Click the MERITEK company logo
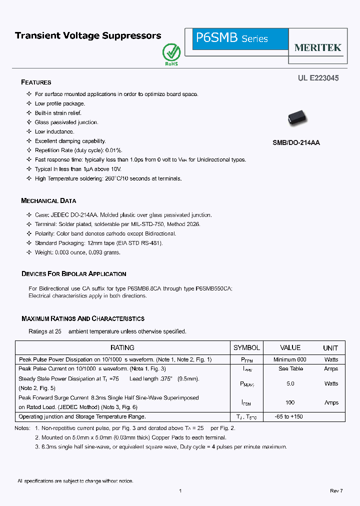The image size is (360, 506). pyautogui.click(x=317, y=48)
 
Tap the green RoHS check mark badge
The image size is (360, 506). pyautogui.click(x=171, y=53)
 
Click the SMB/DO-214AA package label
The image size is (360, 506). pyautogui.click(x=296, y=142)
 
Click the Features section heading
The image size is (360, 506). pyautogui.click(x=36, y=82)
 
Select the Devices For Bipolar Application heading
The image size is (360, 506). pyautogui.click(x=73, y=274)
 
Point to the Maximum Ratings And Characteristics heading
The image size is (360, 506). pyautogui.click(x=83, y=318)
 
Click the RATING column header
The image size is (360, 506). pyautogui.click(x=122, y=347)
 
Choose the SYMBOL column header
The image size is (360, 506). pyautogui.click(x=246, y=347)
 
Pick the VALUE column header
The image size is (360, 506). pyautogui.click(x=290, y=347)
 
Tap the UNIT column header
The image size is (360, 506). pyautogui.click(x=330, y=348)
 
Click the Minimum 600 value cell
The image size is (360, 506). pyautogui.click(x=290, y=359)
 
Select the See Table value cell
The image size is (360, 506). pyautogui.click(x=290, y=368)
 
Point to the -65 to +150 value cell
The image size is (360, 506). pyautogui.click(x=289, y=416)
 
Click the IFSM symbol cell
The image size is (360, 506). pyautogui.click(x=246, y=402)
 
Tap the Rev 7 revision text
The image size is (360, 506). pyautogui.click(x=336, y=491)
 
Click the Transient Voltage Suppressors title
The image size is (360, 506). pyautogui.click(x=88, y=35)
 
